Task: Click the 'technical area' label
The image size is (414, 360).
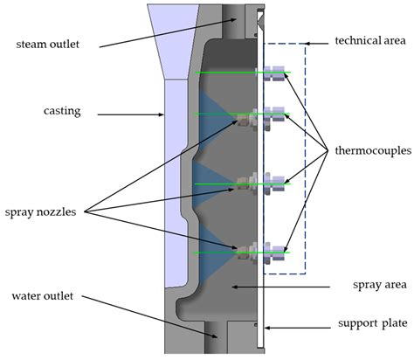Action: pyautogui.click(x=368, y=41)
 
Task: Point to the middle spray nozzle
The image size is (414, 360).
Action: pyautogui.click(x=244, y=183)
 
